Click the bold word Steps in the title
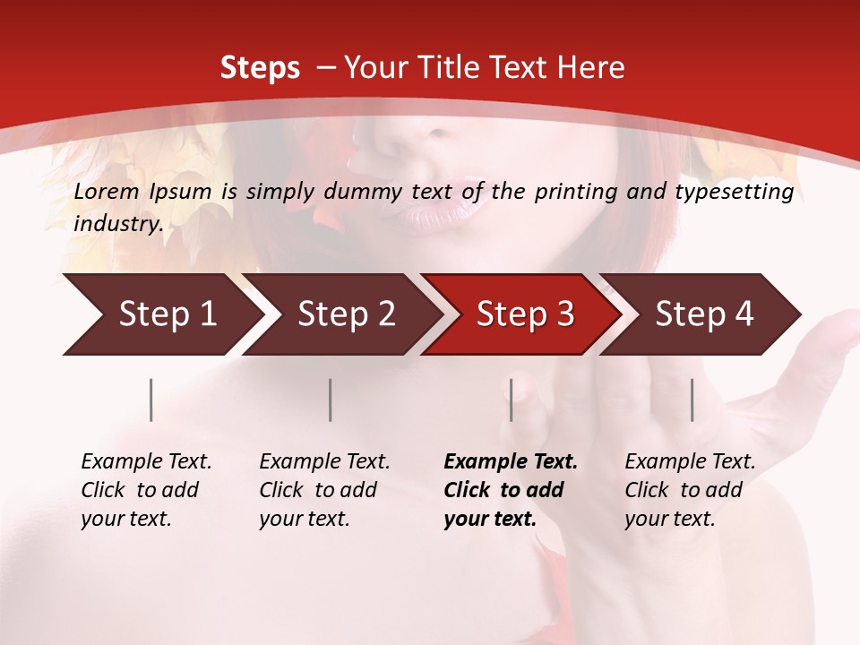tap(260, 68)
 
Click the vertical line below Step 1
tap(151, 400)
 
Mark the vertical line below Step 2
tap(331, 400)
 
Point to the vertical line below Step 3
tap(512, 400)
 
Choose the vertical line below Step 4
tap(692, 400)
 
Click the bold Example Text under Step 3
tap(511, 462)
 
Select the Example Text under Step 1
tap(146, 462)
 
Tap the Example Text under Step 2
tap(324, 462)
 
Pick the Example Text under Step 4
tap(690, 462)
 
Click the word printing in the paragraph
tap(574, 192)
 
